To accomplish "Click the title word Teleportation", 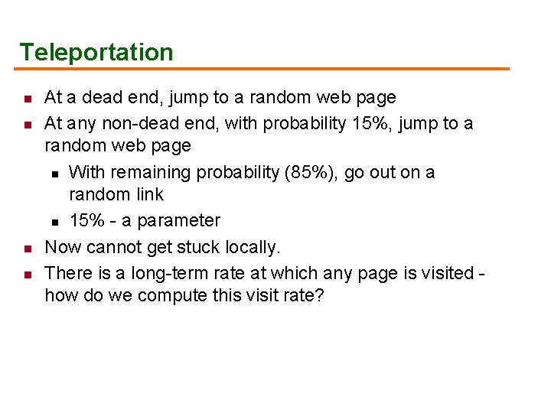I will coord(96,52).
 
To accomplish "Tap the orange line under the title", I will coord(264,69).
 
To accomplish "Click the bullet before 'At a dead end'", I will coord(26,99).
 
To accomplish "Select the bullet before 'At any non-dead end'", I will coord(26,125).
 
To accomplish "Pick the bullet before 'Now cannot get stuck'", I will coord(26,249).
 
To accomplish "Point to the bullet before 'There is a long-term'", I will coord(26,275).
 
